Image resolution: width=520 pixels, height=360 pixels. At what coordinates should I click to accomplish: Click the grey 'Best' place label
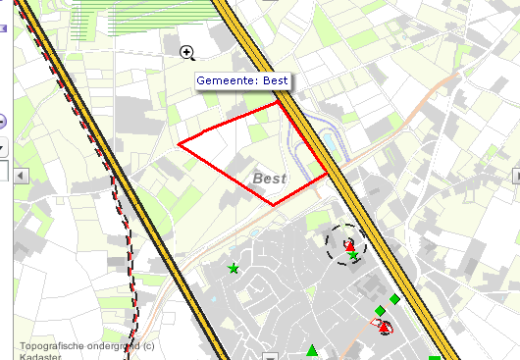pyautogui.click(x=269, y=179)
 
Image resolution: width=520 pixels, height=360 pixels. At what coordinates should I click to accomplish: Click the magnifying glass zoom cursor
pyautogui.click(x=186, y=52)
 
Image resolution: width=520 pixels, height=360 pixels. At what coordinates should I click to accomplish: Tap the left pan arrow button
pyautogui.click(x=20, y=176)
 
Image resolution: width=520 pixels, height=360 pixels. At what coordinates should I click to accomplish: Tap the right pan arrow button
pyautogui.click(x=514, y=176)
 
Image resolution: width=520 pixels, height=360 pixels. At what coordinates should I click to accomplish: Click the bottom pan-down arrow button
pyautogui.click(x=269, y=355)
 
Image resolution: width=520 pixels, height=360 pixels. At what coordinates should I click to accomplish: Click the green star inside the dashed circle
pyautogui.click(x=352, y=256)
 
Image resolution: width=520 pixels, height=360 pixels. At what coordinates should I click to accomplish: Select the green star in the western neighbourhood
pyautogui.click(x=234, y=268)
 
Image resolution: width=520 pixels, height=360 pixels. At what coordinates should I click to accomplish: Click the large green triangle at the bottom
pyautogui.click(x=312, y=351)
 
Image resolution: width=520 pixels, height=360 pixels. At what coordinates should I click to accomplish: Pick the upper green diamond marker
pyautogui.click(x=394, y=299)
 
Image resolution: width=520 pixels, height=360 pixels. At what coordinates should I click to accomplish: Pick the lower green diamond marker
pyautogui.click(x=380, y=310)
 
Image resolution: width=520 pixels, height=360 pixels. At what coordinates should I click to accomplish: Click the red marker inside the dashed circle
pyautogui.click(x=347, y=242)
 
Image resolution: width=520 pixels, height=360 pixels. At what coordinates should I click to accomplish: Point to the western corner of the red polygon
pyautogui.click(x=179, y=144)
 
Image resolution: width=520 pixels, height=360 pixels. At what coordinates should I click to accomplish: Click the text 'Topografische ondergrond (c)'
pyautogui.click(x=86, y=345)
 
